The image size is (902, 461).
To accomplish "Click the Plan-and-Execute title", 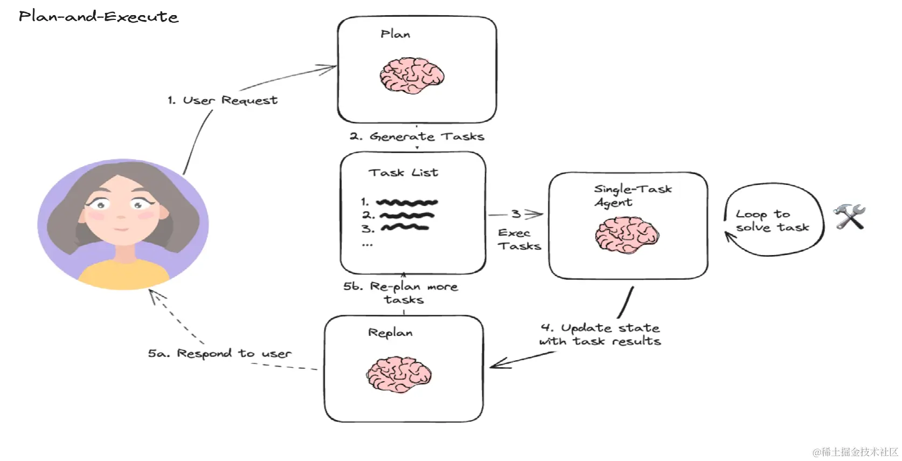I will pyautogui.click(x=99, y=17).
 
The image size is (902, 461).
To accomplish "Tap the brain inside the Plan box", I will pyautogui.click(x=412, y=75).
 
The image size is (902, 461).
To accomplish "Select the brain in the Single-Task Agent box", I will pyautogui.click(x=627, y=235).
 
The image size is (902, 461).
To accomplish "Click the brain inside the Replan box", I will pyautogui.click(x=399, y=374).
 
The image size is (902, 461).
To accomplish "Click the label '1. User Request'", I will pyautogui.click(x=223, y=100).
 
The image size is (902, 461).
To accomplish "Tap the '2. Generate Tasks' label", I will pyautogui.click(x=417, y=136).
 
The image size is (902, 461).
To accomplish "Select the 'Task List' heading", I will pyautogui.click(x=403, y=173).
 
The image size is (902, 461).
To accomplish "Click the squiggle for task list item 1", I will pyautogui.click(x=407, y=203).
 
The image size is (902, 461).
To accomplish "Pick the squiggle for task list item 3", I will pyautogui.click(x=405, y=228).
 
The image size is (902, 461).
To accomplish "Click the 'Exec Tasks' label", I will pyautogui.click(x=518, y=239).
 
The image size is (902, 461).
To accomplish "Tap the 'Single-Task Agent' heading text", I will pyautogui.click(x=632, y=195).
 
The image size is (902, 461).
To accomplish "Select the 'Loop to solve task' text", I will pyautogui.click(x=772, y=221).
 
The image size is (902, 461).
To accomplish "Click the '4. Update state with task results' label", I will pyautogui.click(x=600, y=334).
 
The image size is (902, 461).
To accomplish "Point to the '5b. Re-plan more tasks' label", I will pyautogui.click(x=401, y=293).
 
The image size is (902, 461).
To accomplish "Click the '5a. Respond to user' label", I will pyautogui.click(x=219, y=353).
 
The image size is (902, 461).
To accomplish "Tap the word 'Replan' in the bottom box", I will pyautogui.click(x=390, y=333).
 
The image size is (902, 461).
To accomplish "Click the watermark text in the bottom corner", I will pyautogui.click(x=855, y=452).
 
